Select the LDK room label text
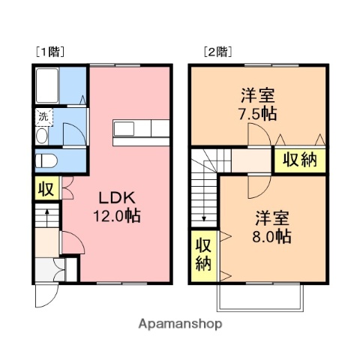click(117, 198)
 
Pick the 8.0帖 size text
click(272, 236)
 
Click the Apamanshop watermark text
click(180, 325)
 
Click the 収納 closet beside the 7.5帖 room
click(298, 160)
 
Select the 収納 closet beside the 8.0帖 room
click(203, 253)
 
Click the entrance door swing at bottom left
click(45, 294)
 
